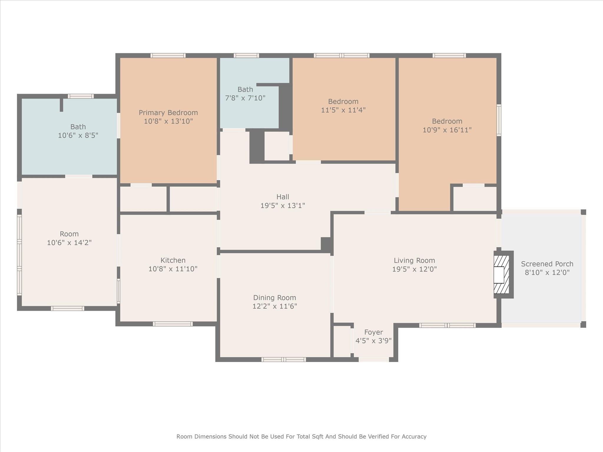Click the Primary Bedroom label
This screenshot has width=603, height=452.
(168, 113)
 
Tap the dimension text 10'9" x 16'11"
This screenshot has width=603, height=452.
(447, 130)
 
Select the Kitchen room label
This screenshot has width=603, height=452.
(173, 260)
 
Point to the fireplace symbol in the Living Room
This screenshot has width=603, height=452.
(501, 275)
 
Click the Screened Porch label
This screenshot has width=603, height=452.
(547, 264)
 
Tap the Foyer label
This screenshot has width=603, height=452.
(373, 332)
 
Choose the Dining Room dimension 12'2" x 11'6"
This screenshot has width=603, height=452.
(274, 306)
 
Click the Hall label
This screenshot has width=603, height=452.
(283, 197)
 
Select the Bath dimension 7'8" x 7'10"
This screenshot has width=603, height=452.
(245, 98)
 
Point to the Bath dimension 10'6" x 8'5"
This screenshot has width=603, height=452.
(78, 135)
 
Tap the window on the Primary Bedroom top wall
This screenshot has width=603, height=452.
(168, 55)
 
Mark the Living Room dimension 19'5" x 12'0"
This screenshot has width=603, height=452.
(414, 269)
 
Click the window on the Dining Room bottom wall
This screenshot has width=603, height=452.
(284, 359)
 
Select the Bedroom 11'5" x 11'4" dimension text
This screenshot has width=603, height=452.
(343, 110)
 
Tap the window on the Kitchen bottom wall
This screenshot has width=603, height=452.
(173, 324)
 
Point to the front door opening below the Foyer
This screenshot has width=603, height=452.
(374, 359)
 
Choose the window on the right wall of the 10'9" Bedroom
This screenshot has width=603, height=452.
(499, 120)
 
